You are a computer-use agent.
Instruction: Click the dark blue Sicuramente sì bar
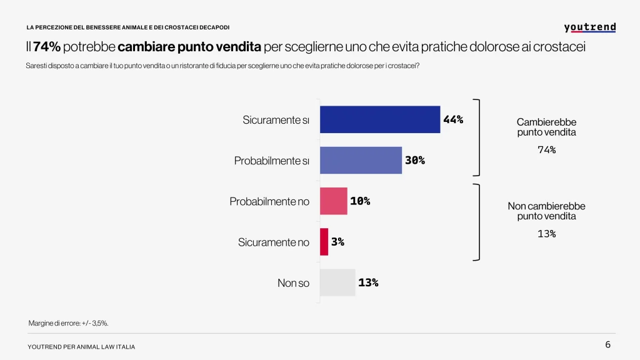pos(380,119)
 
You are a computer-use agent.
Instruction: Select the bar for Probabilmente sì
pos(361,160)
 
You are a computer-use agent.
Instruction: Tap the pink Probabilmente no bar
pos(333,201)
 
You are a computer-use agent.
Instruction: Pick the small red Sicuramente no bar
pos(324,242)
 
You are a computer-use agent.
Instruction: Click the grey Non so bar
pos(337,282)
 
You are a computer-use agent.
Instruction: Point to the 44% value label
pos(453,119)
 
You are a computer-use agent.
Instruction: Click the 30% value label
pos(414,160)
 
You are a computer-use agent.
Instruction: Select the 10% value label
pos(360,201)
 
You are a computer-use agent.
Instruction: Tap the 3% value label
pos(337,242)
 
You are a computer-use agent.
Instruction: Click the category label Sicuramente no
pos(273,242)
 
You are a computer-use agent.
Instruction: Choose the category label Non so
pos(293,283)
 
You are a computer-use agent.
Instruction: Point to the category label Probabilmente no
pos(269,202)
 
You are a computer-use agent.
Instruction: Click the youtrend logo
pos(589,27)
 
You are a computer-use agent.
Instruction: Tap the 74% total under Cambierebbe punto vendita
pos(546,150)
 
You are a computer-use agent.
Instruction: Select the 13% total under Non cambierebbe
pos(546,234)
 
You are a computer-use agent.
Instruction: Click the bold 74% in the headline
pos(47,47)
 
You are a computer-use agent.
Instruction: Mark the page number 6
pos(607,345)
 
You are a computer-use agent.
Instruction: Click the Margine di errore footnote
pos(69,323)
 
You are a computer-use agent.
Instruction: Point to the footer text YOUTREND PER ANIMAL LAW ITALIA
pos(81,347)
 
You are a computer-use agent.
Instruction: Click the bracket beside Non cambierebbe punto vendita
pos(478,221)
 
